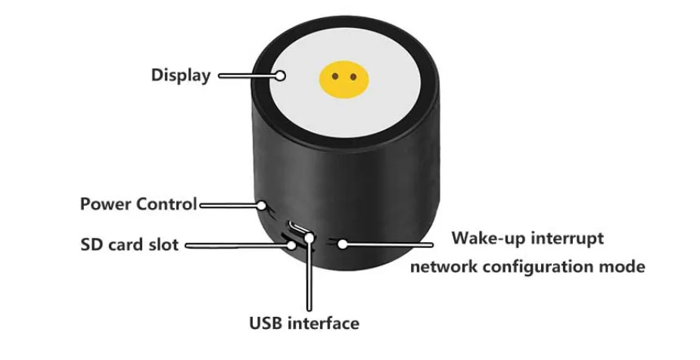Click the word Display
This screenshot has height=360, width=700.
point(181,75)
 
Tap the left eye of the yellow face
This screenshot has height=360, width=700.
point(336,76)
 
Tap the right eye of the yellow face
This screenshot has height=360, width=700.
point(353,76)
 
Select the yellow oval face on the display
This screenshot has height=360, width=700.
point(344,78)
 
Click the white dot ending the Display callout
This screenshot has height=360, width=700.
point(280,75)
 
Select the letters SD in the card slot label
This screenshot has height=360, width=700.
point(92,245)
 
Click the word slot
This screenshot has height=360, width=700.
point(164,245)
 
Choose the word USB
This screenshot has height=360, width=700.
point(266,324)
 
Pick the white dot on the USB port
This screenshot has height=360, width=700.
point(309,237)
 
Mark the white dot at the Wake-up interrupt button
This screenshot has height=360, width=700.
point(342,244)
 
